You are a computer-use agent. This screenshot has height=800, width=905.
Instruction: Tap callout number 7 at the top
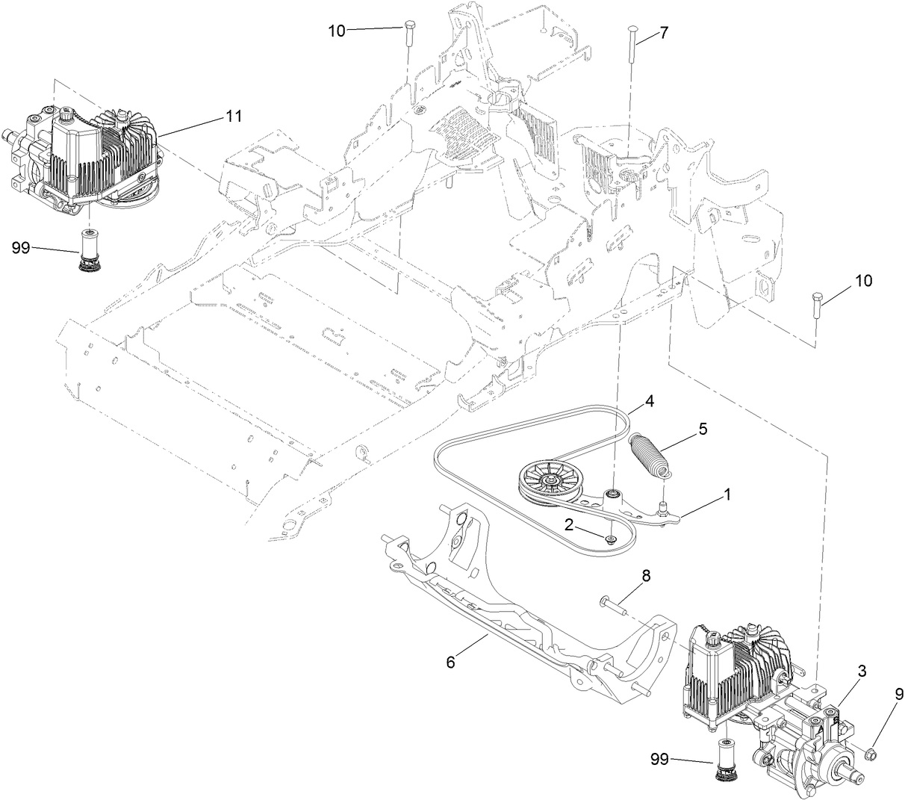[663, 33]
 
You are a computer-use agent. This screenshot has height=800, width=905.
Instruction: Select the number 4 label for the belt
[650, 400]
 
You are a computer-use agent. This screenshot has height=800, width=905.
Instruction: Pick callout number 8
[647, 576]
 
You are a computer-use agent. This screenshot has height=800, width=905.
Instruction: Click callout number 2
[568, 525]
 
